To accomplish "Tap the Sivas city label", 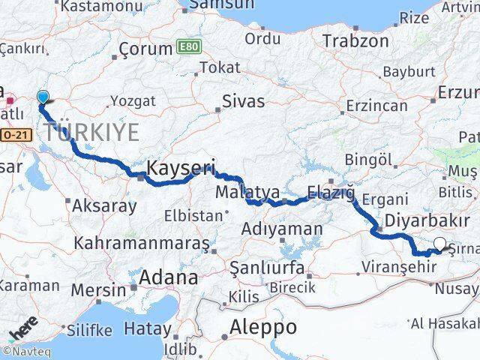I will click(243, 100).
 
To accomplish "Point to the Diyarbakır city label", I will click(424, 221).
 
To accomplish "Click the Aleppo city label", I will click(263, 327).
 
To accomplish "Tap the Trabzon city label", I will click(356, 40).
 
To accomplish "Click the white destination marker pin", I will click(439, 243).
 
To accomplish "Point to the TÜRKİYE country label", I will click(91, 133).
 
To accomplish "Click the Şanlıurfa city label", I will click(267, 268).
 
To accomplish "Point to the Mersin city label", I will click(99, 289).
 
